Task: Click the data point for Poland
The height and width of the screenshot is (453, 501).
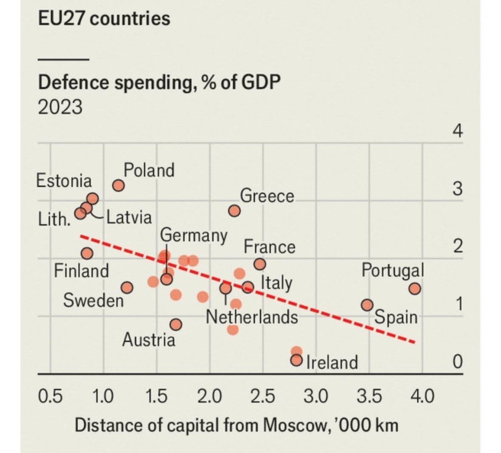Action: [x=118, y=185]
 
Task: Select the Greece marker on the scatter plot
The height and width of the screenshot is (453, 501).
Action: [x=234, y=211]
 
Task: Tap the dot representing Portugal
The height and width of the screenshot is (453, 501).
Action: [x=415, y=289]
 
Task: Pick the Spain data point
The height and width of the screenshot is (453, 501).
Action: [x=367, y=305]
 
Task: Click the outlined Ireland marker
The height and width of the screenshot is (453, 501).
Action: [x=296, y=361]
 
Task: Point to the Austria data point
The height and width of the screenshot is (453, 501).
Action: [x=176, y=324]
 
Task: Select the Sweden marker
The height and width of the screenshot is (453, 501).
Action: [x=127, y=288]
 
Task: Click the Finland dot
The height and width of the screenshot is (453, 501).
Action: [x=87, y=253]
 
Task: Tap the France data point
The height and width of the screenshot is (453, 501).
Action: [x=260, y=264]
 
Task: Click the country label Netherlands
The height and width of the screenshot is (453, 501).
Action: [x=252, y=317]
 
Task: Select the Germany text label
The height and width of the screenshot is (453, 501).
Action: [x=194, y=235]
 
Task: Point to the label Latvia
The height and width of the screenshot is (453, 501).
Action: [x=129, y=217]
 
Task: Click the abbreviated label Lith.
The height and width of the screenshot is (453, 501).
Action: [x=52, y=219]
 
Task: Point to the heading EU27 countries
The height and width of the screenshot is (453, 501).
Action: [x=104, y=19]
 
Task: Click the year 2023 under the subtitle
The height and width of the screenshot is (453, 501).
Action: [x=60, y=107]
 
